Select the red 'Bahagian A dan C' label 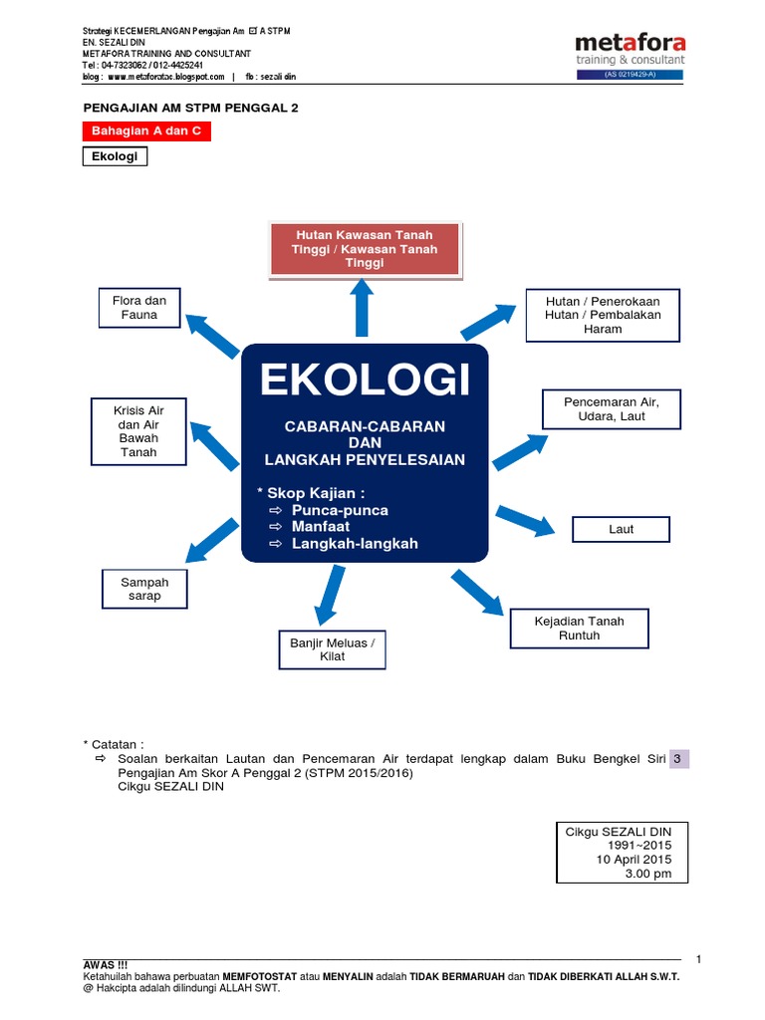[145, 131]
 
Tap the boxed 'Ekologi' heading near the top [114, 157]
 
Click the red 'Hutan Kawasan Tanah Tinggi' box [365, 249]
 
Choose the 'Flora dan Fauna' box [139, 308]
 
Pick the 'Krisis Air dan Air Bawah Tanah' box [139, 431]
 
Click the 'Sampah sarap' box [144, 589]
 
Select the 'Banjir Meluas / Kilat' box [332, 649]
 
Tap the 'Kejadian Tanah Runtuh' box [579, 628]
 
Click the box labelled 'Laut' [621, 529]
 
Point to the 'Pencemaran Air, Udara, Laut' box [611, 408]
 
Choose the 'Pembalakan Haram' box [603, 315]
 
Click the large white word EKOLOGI [365, 381]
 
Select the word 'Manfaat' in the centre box [321, 527]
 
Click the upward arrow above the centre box [363, 308]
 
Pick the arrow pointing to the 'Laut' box [525, 520]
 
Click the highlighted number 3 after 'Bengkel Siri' [677, 759]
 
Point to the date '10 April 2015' [634, 860]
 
